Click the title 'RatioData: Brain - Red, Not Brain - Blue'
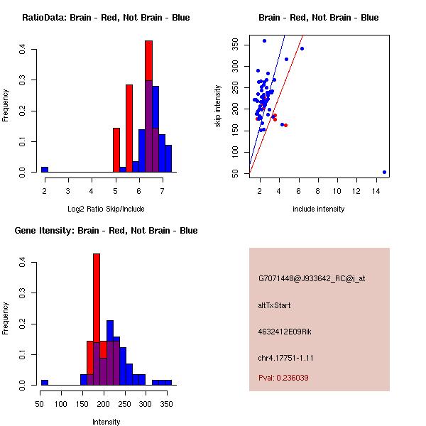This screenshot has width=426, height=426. (106, 18)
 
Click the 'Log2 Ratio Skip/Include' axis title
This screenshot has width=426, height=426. (105, 209)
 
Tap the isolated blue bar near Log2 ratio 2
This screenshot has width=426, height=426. (45, 170)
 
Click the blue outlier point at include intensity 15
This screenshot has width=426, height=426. (384, 172)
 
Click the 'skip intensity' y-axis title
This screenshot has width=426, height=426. (218, 106)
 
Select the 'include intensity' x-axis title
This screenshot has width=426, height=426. (318, 209)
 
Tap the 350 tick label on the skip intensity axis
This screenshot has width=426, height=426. (234, 44)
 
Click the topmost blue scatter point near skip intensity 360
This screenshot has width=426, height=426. (264, 40)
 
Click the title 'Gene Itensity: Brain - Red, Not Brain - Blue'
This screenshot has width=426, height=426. (106, 231)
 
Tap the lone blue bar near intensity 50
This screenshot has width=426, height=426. (45, 382)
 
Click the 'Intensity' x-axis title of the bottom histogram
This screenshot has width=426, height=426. (106, 422)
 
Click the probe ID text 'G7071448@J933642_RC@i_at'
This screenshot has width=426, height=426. (312, 279)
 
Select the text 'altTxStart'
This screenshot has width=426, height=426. (274, 305)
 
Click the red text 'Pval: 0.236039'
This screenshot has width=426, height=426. (283, 378)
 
